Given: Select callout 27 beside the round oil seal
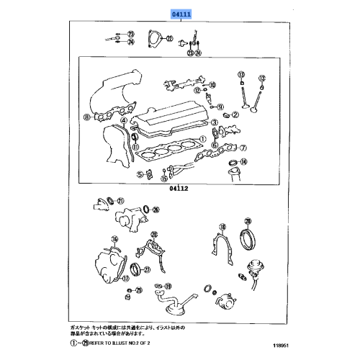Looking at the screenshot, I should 148,270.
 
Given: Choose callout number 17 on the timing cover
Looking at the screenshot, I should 115,239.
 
